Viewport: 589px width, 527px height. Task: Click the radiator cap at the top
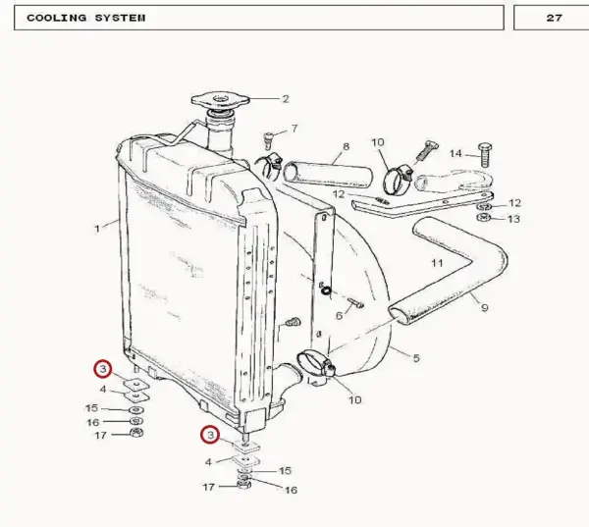(x=220, y=100)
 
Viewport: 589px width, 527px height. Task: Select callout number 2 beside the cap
(x=286, y=99)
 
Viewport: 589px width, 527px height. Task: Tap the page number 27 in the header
(x=554, y=18)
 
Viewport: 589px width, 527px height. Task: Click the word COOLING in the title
(x=57, y=18)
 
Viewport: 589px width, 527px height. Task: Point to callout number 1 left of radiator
(x=97, y=229)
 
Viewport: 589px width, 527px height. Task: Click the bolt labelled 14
(x=485, y=155)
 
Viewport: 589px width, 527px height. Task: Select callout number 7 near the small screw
(x=294, y=129)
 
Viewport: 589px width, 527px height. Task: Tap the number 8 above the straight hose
(x=346, y=146)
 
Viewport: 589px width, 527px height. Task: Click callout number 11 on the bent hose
(x=437, y=263)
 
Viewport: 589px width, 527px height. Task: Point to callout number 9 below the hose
(x=485, y=308)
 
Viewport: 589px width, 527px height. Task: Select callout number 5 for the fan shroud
(x=416, y=358)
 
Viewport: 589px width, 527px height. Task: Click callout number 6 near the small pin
(x=340, y=316)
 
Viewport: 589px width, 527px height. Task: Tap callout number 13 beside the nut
(x=513, y=219)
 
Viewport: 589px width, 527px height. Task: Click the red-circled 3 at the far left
(x=103, y=369)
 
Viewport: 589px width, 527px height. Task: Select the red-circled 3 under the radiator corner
(x=210, y=435)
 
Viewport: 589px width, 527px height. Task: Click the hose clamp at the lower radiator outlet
(x=316, y=362)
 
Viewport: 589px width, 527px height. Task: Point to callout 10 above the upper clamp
(x=378, y=142)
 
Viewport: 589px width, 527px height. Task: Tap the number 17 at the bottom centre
(x=209, y=487)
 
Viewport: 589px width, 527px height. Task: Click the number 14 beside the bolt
(x=455, y=153)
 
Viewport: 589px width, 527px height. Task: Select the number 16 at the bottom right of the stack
(x=292, y=490)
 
